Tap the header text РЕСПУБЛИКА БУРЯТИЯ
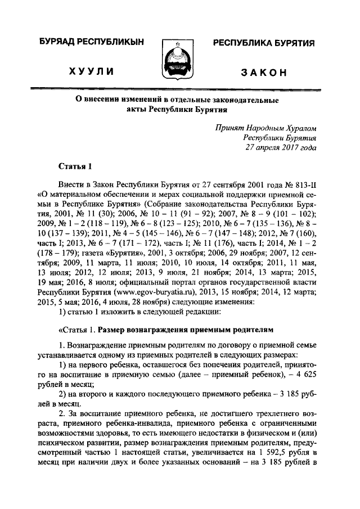point(263,43)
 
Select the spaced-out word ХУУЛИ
point(92,71)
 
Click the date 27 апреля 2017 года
point(281,147)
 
